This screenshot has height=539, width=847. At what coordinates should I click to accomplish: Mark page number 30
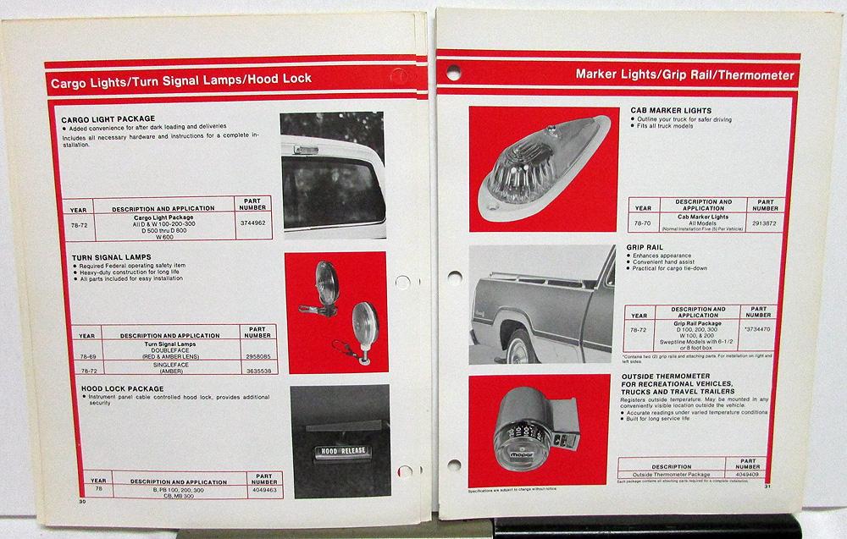[x=82, y=501]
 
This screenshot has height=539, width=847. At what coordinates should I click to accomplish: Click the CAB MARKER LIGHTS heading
[x=669, y=110]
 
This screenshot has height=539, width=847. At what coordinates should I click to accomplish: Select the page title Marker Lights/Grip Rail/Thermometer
[x=684, y=75]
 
